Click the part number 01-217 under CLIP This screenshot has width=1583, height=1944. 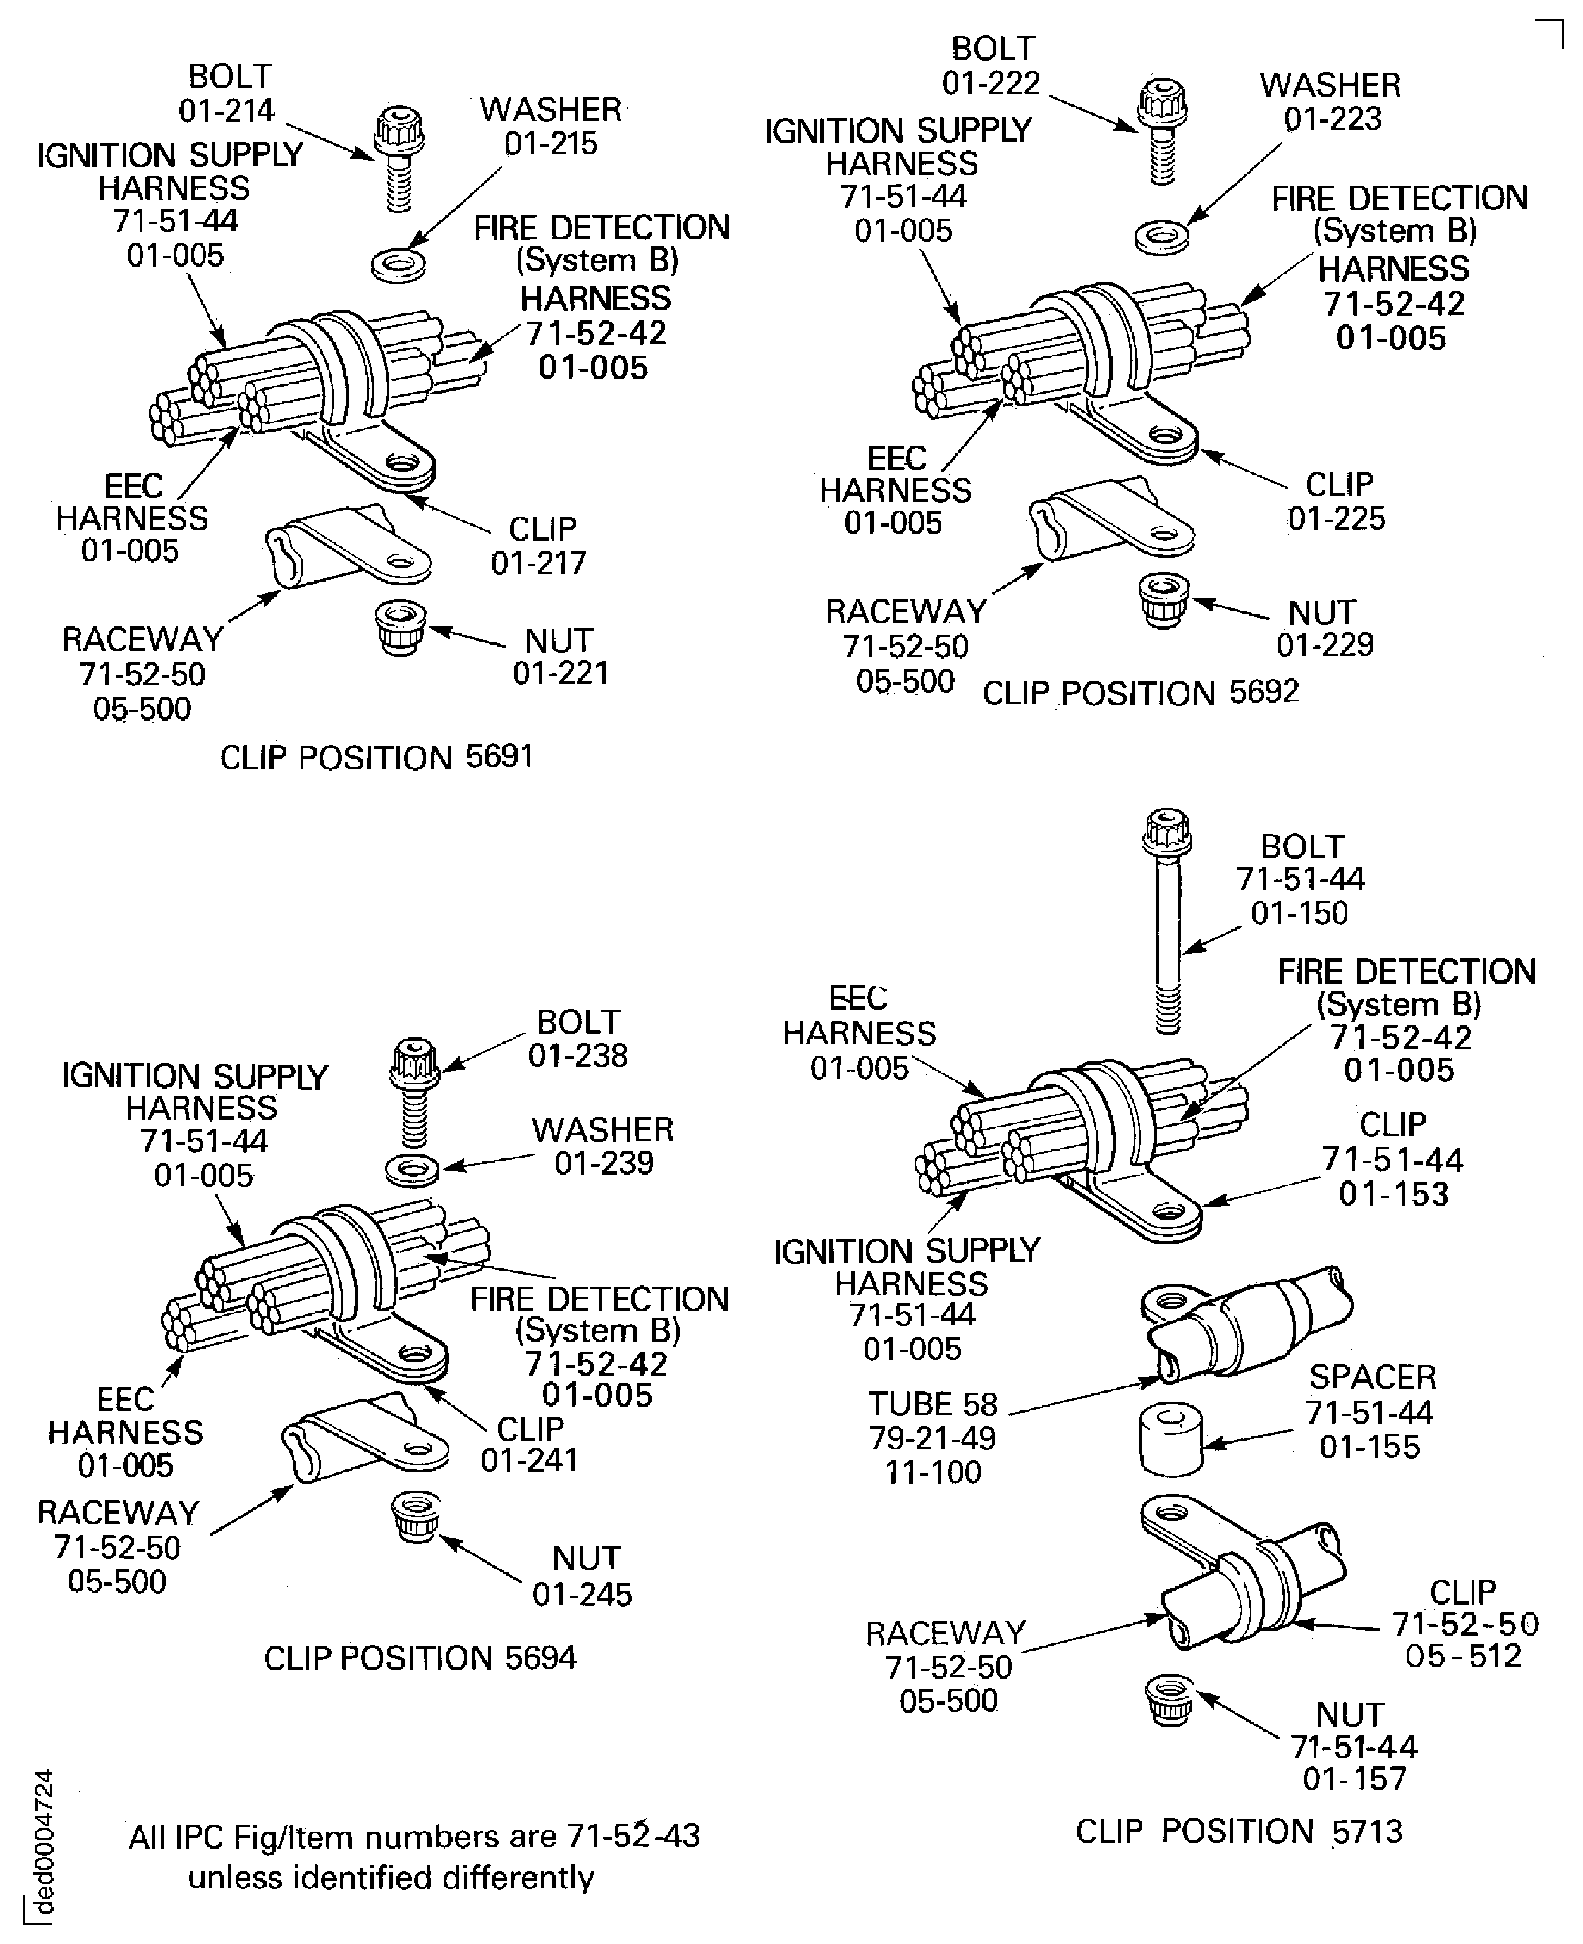point(538,564)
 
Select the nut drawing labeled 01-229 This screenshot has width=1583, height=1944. point(1163,599)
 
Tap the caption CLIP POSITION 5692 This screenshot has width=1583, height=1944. point(1140,693)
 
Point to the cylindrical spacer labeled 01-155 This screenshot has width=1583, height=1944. point(1171,1439)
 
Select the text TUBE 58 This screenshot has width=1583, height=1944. point(932,1404)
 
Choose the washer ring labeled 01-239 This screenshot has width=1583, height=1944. point(412,1170)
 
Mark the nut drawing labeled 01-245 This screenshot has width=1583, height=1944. point(416,1517)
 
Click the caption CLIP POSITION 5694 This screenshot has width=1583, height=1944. point(420,1658)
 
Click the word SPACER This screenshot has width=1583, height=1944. point(1373,1377)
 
